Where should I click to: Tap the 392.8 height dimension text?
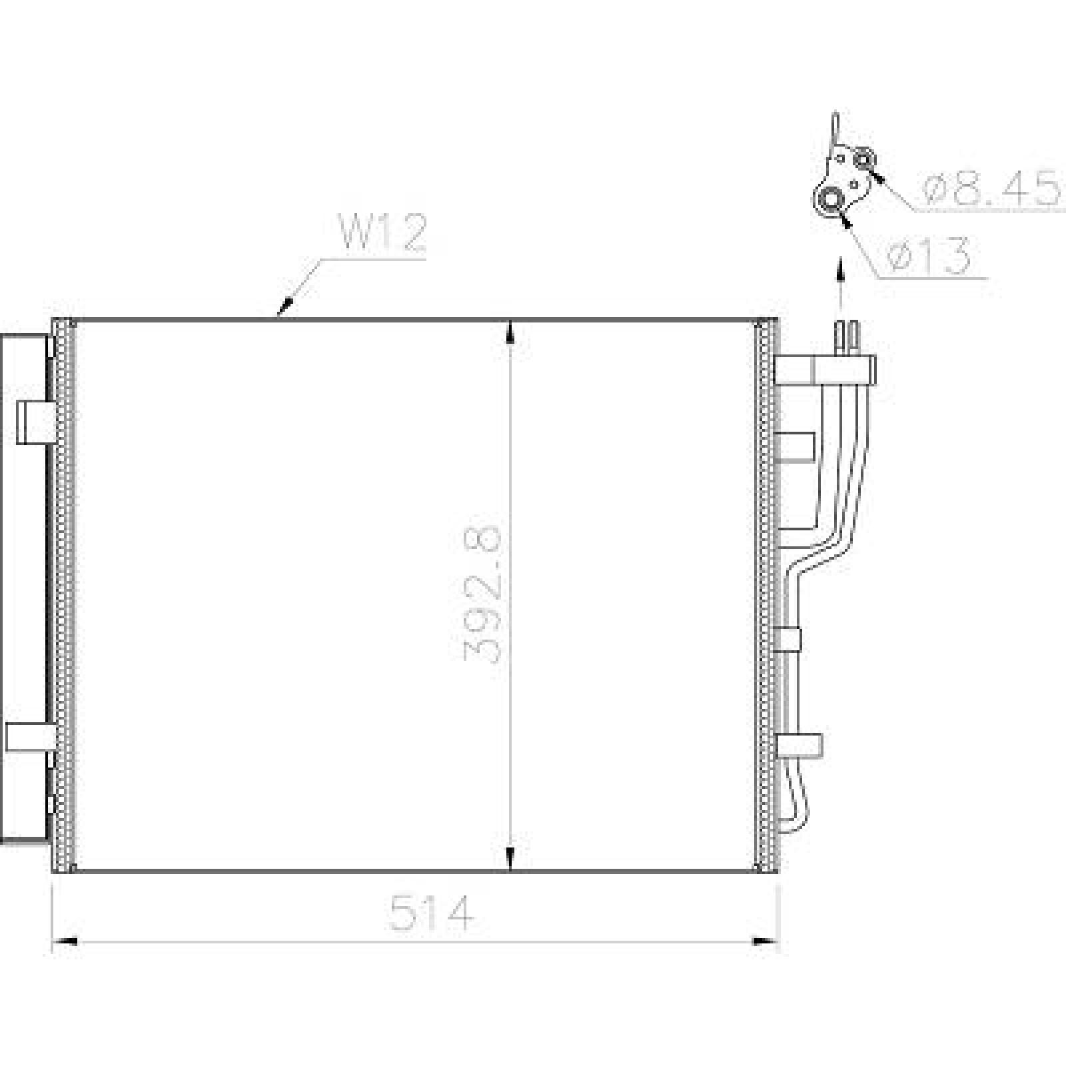tap(482, 594)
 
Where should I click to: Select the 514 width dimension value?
tap(432, 913)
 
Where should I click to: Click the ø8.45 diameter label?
tap(991, 189)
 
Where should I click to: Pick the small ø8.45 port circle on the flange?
tap(865, 160)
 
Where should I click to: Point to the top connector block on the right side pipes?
tap(825, 370)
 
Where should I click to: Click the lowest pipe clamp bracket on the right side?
tap(798, 745)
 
